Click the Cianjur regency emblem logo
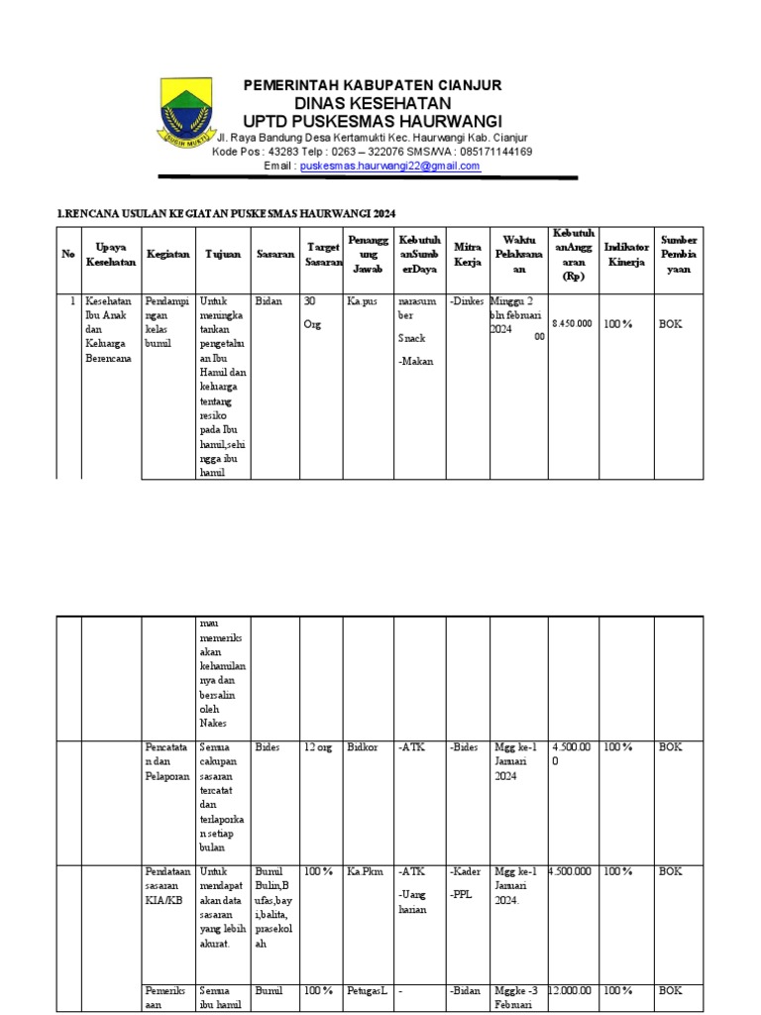(188, 114)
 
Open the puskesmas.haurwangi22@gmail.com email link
(389, 167)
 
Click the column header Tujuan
(223, 255)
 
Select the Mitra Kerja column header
(467, 255)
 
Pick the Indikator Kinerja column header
(626, 255)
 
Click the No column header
(68, 255)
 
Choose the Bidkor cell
(363, 747)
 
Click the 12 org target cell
(318, 747)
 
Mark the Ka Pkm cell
(365, 871)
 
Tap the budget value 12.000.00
(572, 990)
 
